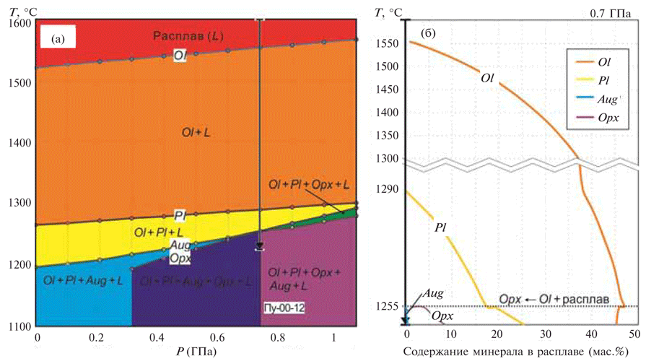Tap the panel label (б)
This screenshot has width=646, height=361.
(x=429, y=34)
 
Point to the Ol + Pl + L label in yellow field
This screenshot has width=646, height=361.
(x=158, y=232)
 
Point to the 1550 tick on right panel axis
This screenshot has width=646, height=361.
(x=388, y=43)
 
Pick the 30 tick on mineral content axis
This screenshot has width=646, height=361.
(x=544, y=336)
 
